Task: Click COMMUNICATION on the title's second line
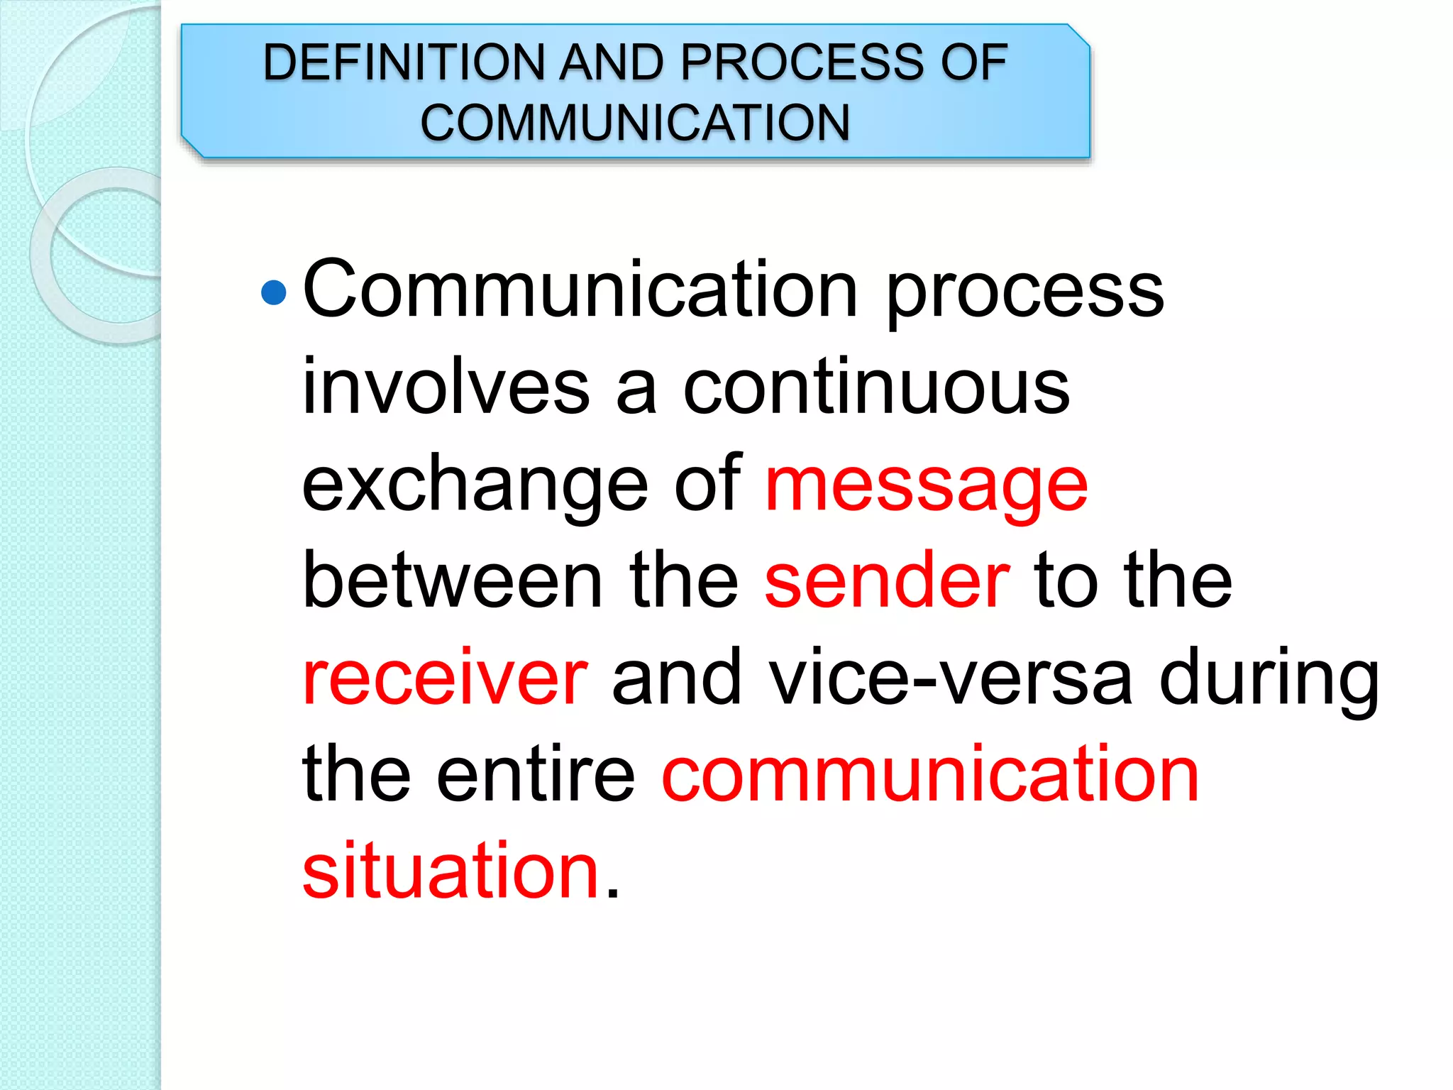635,123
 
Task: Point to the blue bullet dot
273,292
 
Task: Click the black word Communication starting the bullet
580,290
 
